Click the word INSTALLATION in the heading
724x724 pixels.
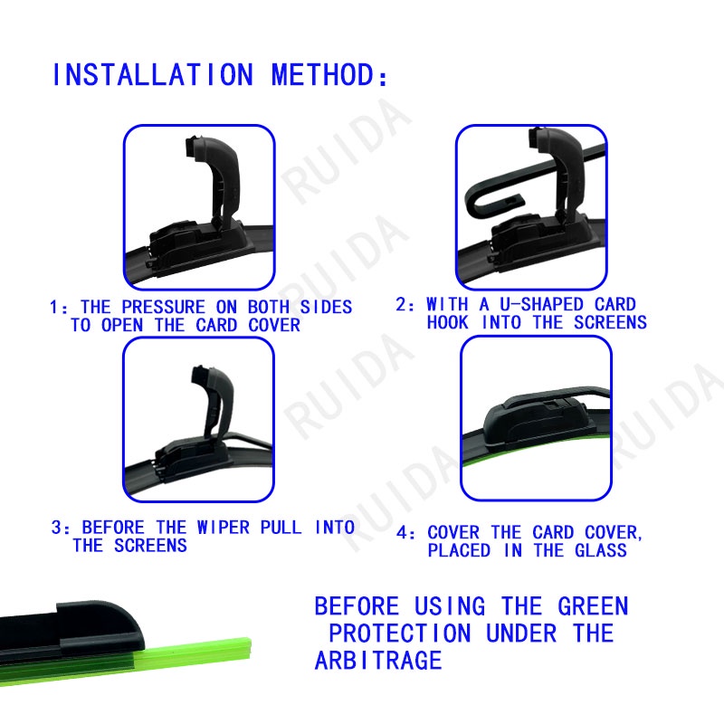point(153,75)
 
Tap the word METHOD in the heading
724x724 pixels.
point(323,75)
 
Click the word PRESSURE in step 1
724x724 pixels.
point(164,307)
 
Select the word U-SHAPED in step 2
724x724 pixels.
point(542,304)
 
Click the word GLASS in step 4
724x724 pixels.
point(601,550)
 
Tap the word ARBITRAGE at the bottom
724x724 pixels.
point(378,661)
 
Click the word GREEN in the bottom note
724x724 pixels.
point(593,606)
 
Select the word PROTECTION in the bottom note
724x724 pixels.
point(400,633)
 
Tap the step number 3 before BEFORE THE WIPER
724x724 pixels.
point(56,528)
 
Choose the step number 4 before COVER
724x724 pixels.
point(402,533)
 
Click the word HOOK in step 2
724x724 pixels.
point(447,322)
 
